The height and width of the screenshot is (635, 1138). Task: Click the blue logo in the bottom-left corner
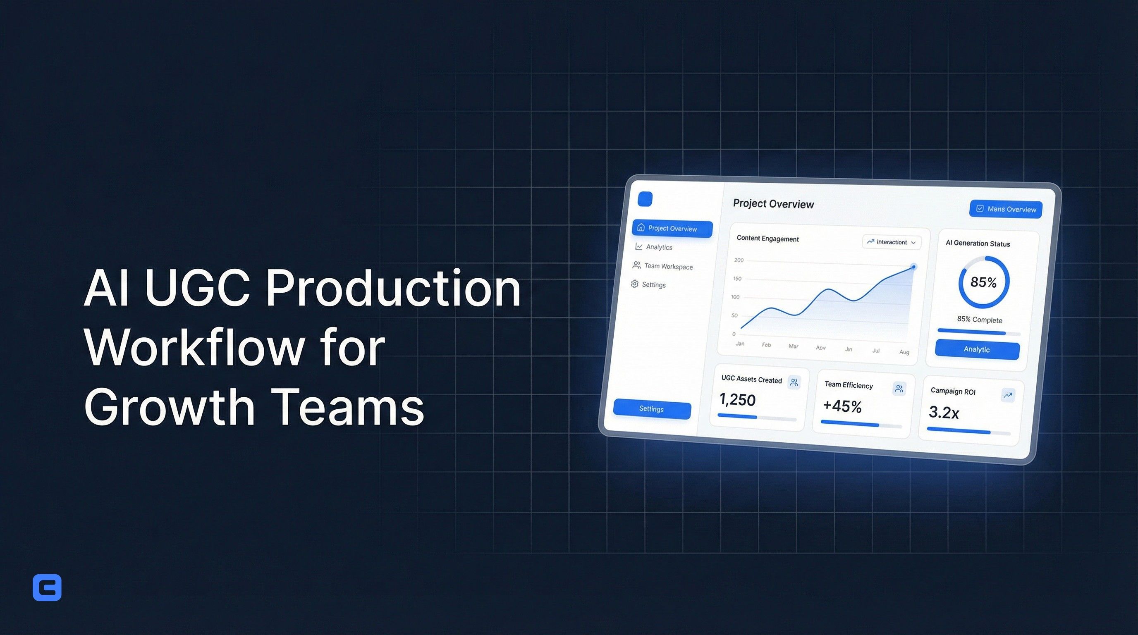tap(47, 587)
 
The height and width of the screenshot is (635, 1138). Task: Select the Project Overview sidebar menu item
tap(672, 229)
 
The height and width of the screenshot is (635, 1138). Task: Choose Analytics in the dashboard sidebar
tap(659, 247)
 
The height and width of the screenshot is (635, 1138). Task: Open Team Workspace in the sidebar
tap(668, 266)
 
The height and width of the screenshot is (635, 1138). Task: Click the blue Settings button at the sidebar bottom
tap(652, 409)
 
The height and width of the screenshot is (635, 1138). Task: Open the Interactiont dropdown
tap(892, 242)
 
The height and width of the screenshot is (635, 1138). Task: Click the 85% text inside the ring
tap(983, 282)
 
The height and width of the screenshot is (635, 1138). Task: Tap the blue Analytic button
tap(977, 350)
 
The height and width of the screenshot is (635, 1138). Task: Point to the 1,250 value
tap(737, 400)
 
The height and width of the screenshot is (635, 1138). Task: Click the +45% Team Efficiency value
tap(842, 406)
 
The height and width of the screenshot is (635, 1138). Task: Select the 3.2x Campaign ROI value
tap(944, 413)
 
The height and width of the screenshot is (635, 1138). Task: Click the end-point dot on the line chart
tap(913, 267)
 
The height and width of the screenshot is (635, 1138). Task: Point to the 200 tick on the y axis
tap(739, 260)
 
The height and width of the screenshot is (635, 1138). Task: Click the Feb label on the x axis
tap(767, 345)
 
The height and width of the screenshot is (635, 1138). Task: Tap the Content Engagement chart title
tap(767, 239)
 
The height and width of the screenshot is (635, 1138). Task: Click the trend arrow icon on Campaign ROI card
tap(1008, 395)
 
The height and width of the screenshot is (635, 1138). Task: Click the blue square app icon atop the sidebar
tap(645, 199)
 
